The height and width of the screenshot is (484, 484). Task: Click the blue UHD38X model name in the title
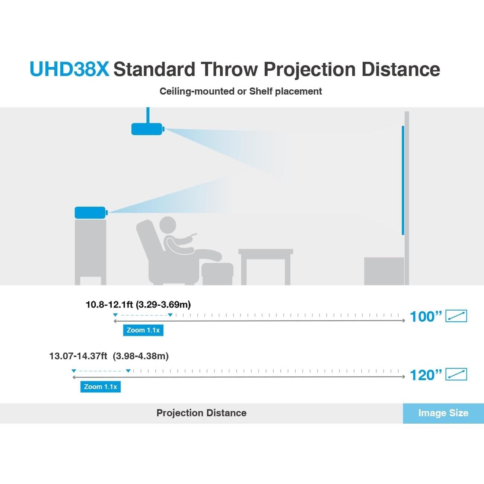coord(69,69)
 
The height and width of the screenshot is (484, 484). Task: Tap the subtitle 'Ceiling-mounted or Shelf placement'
coord(241,91)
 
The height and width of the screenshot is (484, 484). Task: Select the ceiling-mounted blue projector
coord(147,129)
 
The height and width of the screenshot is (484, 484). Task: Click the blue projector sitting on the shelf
coord(90,213)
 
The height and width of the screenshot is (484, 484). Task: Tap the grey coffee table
coord(265,261)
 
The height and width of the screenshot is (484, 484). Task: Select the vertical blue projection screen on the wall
coord(403,181)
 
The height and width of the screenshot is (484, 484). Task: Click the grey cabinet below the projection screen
coord(383,271)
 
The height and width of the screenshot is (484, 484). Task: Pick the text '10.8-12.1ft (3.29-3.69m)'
coord(138,305)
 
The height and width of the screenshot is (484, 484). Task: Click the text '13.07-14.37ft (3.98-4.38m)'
coord(109,356)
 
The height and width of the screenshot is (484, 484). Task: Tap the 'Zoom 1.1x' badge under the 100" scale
coord(143,330)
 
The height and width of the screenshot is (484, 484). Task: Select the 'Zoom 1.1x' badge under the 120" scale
coord(101,387)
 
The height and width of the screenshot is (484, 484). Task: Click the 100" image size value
coord(425,317)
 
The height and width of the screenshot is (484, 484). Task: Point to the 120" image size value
coord(425,375)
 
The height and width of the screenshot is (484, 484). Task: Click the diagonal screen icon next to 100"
coord(456,316)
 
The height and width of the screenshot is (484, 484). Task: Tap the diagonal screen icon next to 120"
coord(456,374)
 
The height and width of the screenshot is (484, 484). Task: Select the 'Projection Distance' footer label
coord(201,413)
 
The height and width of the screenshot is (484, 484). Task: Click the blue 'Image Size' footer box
coord(443,413)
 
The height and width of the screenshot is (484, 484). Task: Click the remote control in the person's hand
coord(193,235)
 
